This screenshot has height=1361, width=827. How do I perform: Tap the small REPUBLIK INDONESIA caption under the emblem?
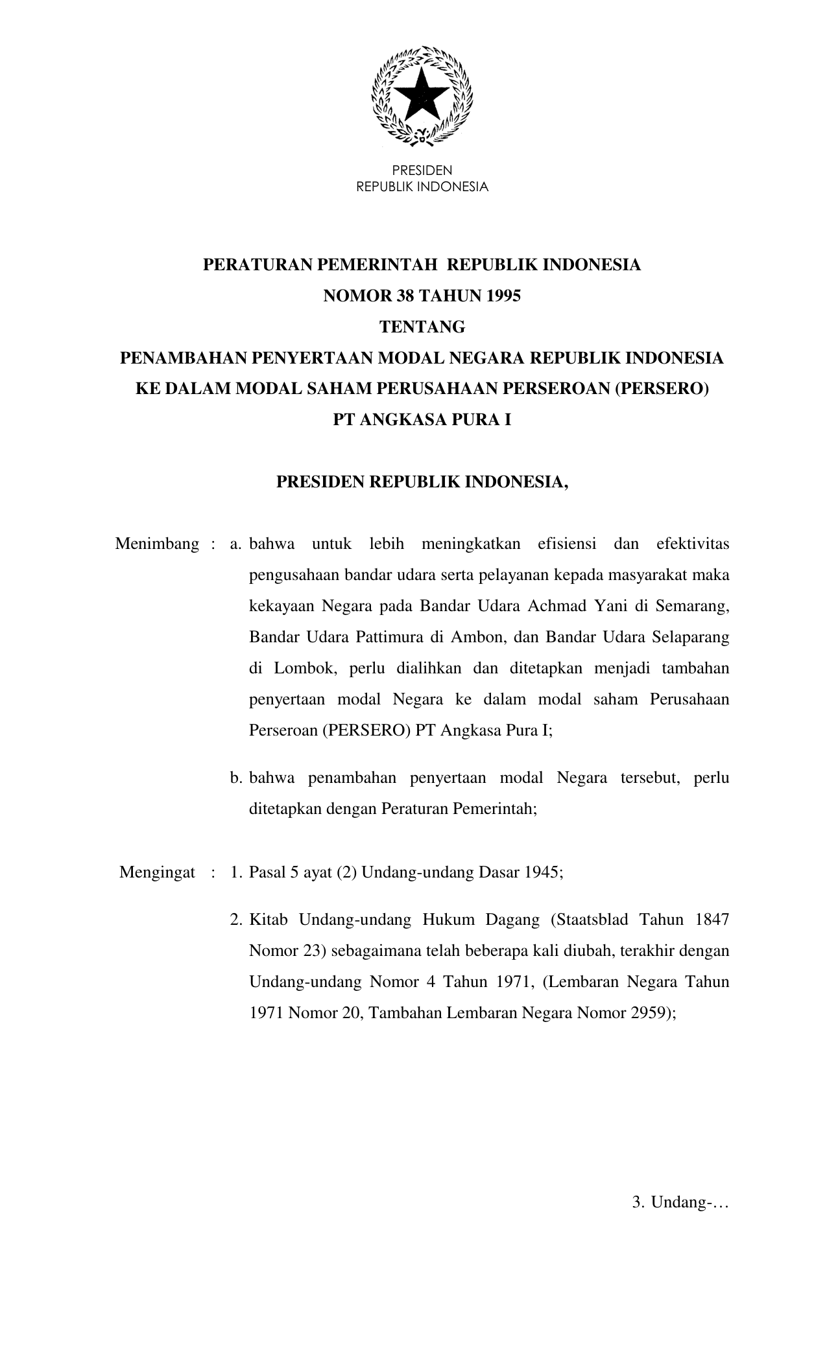pyautogui.click(x=422, y=187)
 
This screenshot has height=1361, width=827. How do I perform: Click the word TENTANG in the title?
pyautogui.click(x=422, y=327)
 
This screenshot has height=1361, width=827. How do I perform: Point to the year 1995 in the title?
pyautogui.click(x=502, y=296)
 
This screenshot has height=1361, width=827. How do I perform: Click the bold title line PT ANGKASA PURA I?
pyautogui.click(x=422, y=420)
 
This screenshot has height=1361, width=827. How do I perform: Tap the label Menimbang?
pyautogui.click(x=157, y=544)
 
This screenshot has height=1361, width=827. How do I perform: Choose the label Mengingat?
pyautogui.click(x=157, y=872)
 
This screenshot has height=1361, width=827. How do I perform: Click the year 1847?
pyautogui.click(x=712, y=920)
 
